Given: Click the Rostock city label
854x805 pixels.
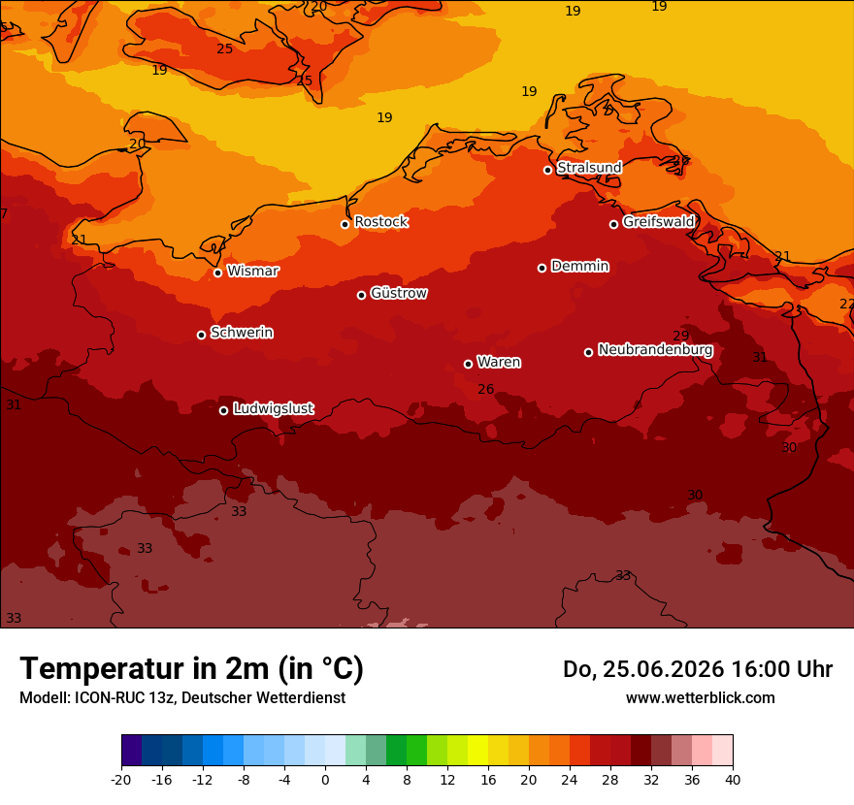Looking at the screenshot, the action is click(381, 221).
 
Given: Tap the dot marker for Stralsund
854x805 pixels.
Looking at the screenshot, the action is click(548, 170).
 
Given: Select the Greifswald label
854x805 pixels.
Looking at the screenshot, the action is click(659, 221).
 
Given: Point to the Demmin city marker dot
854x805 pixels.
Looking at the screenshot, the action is click(542, 268).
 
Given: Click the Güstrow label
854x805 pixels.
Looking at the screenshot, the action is click(399, 293).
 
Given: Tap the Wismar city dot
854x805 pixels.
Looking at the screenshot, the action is click(217, 273).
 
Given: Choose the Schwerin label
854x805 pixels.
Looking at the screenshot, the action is click(242, 332).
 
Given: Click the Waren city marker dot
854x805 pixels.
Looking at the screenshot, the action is click(469, 364).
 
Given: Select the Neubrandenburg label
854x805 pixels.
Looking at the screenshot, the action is click(655, 349).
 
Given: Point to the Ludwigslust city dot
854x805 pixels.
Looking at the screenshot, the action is click(224, 410).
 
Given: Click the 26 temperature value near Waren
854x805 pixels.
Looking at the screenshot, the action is click(486, 389).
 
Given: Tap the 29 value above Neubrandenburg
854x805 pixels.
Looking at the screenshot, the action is click(681, 336).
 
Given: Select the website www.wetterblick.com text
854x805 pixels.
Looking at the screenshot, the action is click(701, 697).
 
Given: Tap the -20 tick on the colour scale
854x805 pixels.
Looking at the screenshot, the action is click(121, 780).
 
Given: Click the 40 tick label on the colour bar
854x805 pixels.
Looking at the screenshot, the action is click(733, 780).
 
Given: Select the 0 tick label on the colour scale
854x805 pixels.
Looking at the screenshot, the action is click(325, 780).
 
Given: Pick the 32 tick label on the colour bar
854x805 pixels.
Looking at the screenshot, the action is click(651, 780).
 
